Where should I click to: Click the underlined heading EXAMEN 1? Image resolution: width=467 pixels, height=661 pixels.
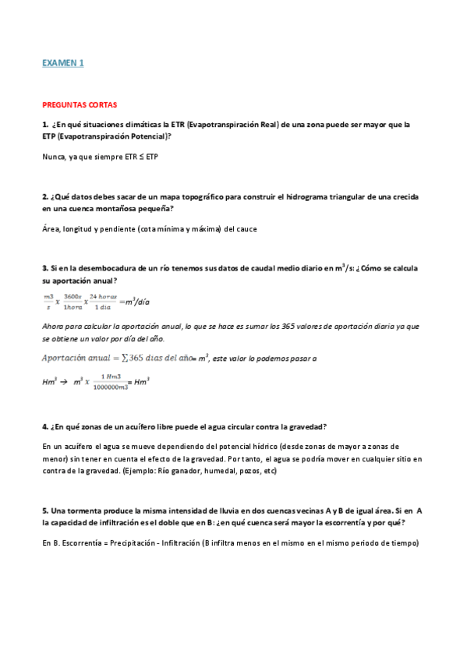[x=63, y=63]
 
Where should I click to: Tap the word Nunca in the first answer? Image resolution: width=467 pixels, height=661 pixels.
[x=54, y=157]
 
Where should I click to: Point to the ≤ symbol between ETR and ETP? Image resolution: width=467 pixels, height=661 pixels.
[x=141, y=157]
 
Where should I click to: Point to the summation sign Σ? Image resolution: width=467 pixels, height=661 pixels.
[x=125, y=359]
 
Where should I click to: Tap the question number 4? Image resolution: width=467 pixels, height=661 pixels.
[x=44, y=426]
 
